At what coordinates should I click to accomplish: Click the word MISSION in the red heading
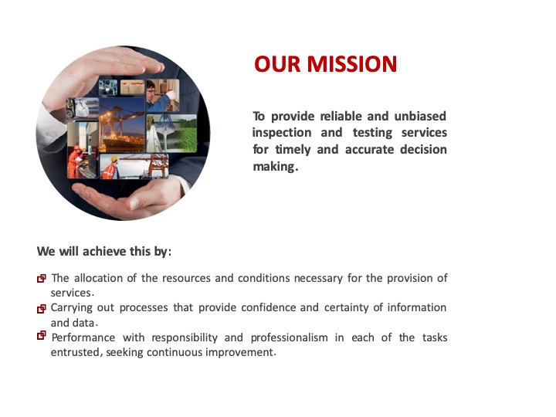pos(351,64)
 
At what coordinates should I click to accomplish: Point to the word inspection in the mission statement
pos(282,133)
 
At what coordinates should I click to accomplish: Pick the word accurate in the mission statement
pos(369,150)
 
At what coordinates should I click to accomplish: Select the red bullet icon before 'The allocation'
pos(42,278)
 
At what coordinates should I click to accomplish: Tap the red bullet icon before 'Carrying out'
pos(42,308)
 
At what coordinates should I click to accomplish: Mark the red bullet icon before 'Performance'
pos(42,335)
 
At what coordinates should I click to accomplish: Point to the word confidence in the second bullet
pos(269,307)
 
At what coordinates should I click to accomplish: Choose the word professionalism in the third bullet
pos(290,337)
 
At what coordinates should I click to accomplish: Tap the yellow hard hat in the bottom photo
pos(114,159)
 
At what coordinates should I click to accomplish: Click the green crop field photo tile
pos(171,133)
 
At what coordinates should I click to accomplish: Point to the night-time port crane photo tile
pos(122,125)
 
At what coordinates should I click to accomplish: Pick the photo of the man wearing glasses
pos(163,96)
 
